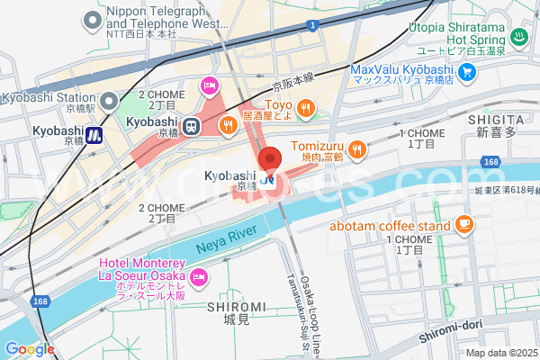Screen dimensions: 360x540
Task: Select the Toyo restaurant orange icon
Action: pos(306,109)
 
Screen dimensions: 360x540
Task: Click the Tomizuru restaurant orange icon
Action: pos(357,149)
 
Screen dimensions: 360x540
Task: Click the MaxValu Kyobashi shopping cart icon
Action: pos(466,71)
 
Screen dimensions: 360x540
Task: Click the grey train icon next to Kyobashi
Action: pos(192,127)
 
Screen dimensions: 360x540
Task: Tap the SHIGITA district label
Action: pos(495,119)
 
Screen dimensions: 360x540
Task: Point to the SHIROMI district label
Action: pos(236,307)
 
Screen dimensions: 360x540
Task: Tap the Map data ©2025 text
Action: pos(500,353)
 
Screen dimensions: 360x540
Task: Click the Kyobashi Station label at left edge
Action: pos(47,97)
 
